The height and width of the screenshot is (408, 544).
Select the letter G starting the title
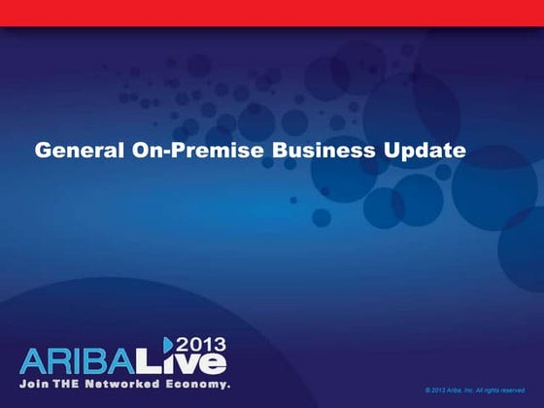pyautogui.click(x=42, y=152)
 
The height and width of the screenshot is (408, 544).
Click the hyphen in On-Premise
pyautogui.click(x=160, y=153)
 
